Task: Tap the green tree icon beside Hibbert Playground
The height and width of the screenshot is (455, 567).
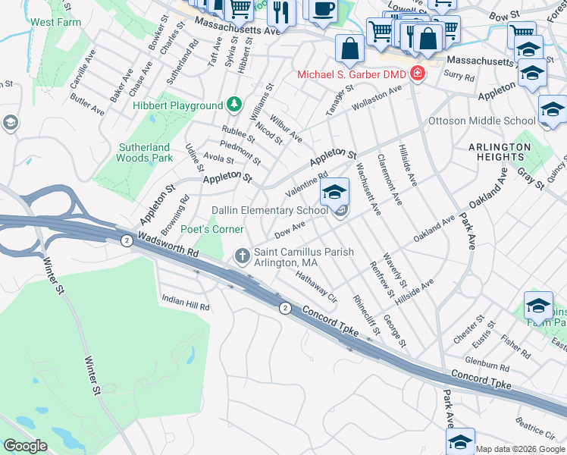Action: click(x=235, y=105)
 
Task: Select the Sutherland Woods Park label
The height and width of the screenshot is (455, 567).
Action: click(x=145, y=152)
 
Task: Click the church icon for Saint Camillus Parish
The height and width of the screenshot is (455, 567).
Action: click(x=242, y=256)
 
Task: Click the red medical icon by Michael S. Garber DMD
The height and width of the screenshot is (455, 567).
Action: click(x=416, y=74)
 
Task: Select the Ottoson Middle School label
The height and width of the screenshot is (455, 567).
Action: click(x=481, y=121)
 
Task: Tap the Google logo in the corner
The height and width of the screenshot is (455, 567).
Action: click(x=24, y=445)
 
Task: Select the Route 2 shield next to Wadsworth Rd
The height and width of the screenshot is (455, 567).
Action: click(x=127, y=240)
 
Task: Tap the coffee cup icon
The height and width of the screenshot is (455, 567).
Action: click(x=324, y=9)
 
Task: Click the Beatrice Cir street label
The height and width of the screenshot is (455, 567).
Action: click(x=530, y=429)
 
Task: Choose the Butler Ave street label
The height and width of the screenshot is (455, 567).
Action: click(x=87, y=105)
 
